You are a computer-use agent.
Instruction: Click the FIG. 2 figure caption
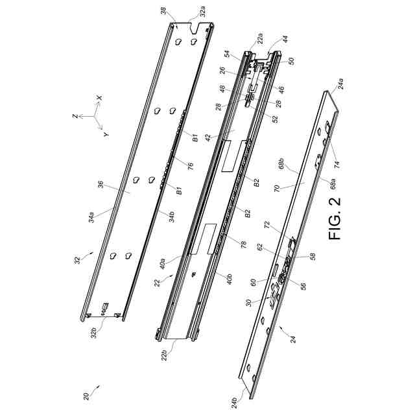336,218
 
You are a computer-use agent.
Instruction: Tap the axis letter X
99,98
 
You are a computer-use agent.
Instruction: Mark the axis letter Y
106,134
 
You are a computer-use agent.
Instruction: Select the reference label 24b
235,403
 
